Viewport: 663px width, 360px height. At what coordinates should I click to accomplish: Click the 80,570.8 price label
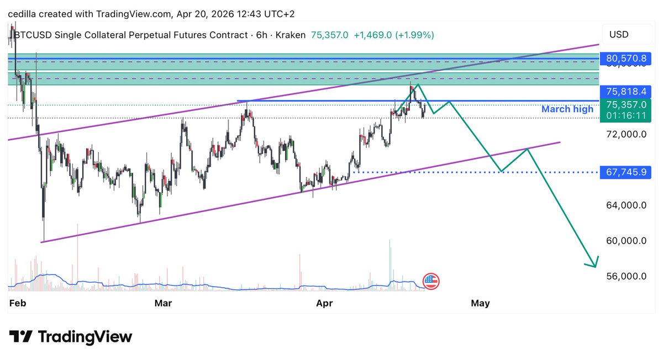click(626, 58)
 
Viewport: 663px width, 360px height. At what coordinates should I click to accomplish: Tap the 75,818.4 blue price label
click(626, 92)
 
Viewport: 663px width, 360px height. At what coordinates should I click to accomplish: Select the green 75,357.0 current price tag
click(626, 104)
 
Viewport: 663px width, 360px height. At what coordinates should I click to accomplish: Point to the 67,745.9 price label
click(626, 172)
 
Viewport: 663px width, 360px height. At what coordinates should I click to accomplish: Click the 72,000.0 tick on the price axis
click(626, 134)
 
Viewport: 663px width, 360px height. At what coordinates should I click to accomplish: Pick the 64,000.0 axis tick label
click(626, 205)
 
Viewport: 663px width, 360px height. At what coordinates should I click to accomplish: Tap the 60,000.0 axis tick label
click(626, 241)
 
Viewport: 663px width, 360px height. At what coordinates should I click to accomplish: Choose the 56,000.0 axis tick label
click(626, 276)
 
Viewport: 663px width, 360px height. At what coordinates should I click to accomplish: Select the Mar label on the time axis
click(163, 303)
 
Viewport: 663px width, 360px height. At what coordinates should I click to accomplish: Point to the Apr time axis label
click(324, 303)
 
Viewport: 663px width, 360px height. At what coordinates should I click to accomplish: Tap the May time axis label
click(480, 303)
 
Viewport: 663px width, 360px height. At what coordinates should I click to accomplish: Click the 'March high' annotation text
click(567, 109)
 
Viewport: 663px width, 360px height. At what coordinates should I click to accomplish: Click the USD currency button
click(619, 35)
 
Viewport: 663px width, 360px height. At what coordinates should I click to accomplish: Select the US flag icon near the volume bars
click(431, 281)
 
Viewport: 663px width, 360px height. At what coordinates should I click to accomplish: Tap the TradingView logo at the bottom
click(71, 337)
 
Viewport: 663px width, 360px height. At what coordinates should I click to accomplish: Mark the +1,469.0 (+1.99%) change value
click(393, 35)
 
